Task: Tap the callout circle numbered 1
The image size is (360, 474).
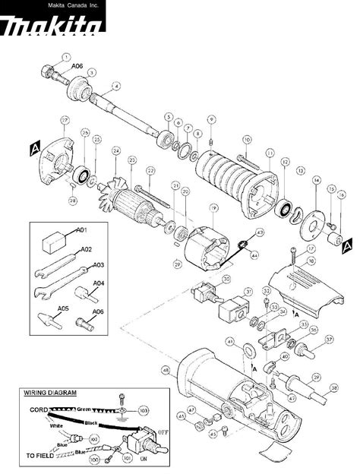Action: click(x=66, y=56)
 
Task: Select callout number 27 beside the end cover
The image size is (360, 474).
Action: click(x=65, y=120)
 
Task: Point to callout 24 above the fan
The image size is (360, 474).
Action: click(x=115, y=150)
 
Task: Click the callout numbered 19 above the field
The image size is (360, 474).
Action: click(x=214, y=207)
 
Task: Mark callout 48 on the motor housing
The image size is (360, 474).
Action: click(x=165, y=371)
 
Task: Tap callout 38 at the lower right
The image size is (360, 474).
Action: click(x=333, y=387)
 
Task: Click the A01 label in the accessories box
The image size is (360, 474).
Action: click(x=84, y=229)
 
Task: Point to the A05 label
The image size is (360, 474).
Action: click(x=63, y=308)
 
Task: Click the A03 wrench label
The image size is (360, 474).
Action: click(x=98, y=265)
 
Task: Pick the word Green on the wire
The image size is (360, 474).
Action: click(x=83, y=409)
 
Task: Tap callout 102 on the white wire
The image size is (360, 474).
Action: click(x=94, y=438)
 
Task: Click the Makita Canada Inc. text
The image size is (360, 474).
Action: click(x=52, y=5)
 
